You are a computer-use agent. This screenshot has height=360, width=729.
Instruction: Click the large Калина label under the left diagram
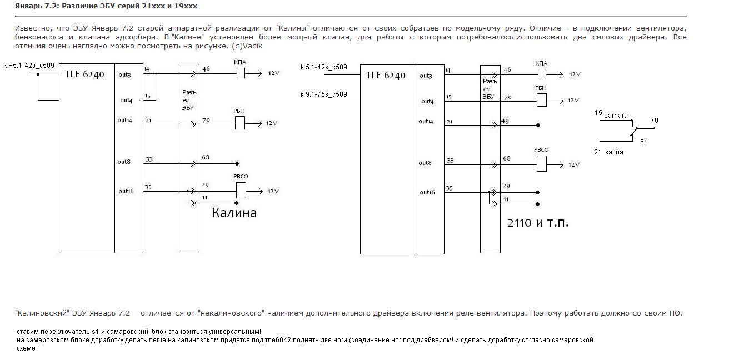point(234,213)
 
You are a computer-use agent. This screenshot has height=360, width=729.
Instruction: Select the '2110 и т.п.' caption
point(538,223)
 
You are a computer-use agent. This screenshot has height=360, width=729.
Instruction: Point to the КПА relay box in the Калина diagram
point(241,73)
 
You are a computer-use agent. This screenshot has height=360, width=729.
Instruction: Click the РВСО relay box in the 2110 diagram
point(541,163)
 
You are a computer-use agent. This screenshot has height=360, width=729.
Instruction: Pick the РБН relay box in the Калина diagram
point(240,123)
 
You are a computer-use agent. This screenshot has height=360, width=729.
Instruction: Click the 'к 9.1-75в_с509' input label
point(323,94)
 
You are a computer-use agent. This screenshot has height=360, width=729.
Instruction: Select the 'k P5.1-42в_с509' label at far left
point(29,66)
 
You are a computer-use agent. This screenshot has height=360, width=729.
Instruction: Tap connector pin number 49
point(505,121)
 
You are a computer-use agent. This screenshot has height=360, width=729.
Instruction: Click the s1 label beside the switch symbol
point(643,141)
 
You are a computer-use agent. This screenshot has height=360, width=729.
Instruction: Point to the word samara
point(616,116)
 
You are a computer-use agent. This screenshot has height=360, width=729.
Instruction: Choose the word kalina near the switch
point(614,152)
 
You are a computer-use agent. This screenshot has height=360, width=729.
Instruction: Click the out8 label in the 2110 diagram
point(426,163)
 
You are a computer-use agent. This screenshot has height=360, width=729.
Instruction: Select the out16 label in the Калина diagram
point(126,191)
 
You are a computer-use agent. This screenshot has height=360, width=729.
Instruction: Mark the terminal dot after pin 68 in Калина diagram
point(237,164)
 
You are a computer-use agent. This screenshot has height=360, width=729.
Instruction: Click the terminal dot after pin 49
point(538,126)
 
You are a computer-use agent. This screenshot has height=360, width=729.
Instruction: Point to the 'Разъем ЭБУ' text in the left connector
point(188,100)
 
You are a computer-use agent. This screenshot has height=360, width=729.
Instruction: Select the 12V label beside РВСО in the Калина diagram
point(273,191)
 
